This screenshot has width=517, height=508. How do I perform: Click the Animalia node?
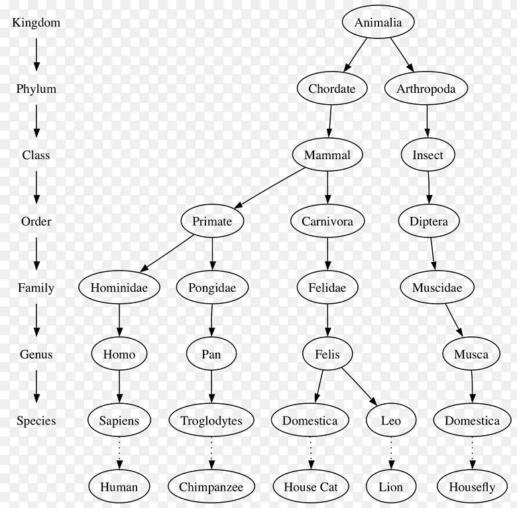pos(378,22)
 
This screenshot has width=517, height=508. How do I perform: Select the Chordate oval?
pos(332,88)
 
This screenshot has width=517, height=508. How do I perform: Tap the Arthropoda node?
pos(426,88)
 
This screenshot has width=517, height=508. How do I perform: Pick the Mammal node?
pos(327,155)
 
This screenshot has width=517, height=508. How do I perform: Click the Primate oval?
pos(212,221)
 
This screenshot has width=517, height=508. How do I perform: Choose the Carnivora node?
pos(327,221)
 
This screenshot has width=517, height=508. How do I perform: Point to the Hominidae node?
pos(119,287)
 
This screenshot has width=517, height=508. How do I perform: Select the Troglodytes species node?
pos(211,420)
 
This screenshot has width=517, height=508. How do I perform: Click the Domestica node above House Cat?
pos(310,420)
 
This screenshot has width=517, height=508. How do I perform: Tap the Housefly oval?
pos(472,487)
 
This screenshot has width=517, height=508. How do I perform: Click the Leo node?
pos(391,420)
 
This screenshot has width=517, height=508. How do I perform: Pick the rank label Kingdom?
pos(36,23)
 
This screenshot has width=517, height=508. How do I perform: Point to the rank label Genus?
pos(36,354)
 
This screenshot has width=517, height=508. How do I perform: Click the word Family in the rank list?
pos(36,288)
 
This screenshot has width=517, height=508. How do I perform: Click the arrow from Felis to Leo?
pos(359,387)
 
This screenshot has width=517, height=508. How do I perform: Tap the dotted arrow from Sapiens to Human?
pos(119,453)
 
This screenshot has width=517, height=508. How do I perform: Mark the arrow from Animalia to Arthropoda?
pos(402,55)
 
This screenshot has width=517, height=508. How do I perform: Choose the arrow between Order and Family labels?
pos(36,253)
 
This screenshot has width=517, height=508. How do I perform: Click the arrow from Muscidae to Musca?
pos(454,320)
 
